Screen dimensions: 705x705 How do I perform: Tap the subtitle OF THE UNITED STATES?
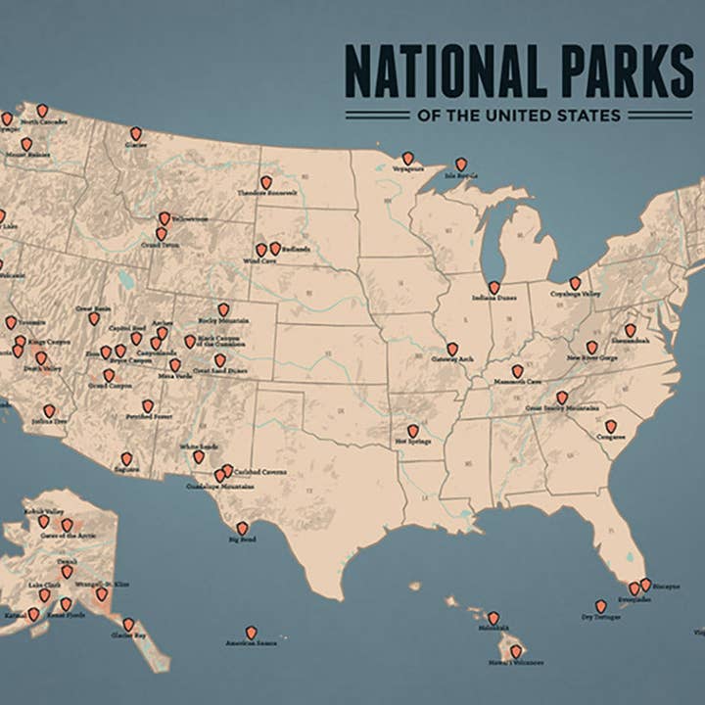point(519,116)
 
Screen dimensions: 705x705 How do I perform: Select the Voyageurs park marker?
point(407,158)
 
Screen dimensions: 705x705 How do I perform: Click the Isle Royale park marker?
point(460,164)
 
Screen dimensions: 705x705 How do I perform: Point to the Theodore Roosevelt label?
point(266,194)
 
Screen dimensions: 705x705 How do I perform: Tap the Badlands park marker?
point(275,248)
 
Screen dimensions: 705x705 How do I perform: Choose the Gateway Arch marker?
point(452,349)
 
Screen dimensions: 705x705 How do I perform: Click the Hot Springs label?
point(413,443)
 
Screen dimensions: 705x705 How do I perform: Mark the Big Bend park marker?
point(242,528)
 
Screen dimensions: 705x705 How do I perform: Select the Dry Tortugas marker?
point(600,606)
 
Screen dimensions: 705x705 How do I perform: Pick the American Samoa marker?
point(251,633)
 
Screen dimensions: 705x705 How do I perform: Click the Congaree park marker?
point(610,426)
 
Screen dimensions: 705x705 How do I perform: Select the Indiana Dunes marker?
point(494,287)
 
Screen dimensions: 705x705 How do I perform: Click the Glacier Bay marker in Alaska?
point(128,624)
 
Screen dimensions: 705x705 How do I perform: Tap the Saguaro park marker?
point(126,458)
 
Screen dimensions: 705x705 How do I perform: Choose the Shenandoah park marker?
point(630,330)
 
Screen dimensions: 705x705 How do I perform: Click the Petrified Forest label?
point(147,417)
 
